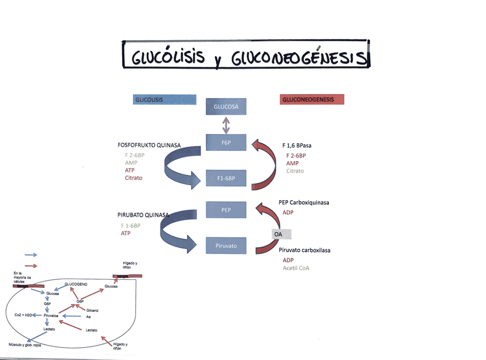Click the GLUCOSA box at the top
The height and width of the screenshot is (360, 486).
(x=226, y=107)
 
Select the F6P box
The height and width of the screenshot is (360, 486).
(x=226, y=142)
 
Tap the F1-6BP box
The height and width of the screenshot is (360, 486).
(x=226, y=178)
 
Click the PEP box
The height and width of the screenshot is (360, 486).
(x=226, y=210)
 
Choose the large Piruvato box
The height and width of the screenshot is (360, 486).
(x=226, y=246)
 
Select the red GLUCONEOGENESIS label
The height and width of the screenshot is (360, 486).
(x=312, y=100)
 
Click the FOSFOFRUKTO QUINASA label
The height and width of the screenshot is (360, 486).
(x=149, y=146)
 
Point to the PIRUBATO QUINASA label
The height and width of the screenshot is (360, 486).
(x=143, y=216)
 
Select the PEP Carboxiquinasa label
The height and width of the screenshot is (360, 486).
(x=304, y=202)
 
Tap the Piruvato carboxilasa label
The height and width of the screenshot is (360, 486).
(x=304, y=250)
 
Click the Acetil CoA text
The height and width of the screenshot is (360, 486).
(x=297, y=268)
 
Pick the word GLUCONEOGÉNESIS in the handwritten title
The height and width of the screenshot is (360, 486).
(x=298, y=58)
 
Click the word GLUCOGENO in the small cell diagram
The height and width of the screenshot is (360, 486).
(x=76, y=284)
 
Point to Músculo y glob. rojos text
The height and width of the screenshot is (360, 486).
(x=25, y=345)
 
